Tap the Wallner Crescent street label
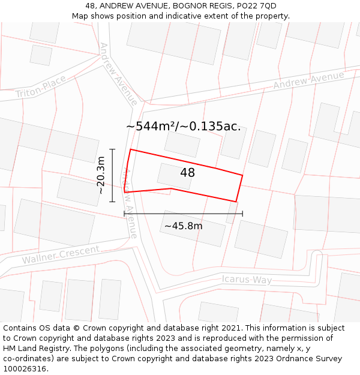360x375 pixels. [61, 255]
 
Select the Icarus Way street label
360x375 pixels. [247, 280]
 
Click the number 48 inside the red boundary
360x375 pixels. [187, 173]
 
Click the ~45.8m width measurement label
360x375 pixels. [183, 226]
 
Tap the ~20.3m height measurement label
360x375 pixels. [101, 175]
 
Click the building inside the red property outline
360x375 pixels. [174, 176]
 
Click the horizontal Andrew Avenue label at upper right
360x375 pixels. [308, 80]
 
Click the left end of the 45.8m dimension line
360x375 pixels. [124, 213]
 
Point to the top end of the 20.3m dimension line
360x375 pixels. [112, 149]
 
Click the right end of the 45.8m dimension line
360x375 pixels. [242, 213]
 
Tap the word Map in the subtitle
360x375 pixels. [80, 16]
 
